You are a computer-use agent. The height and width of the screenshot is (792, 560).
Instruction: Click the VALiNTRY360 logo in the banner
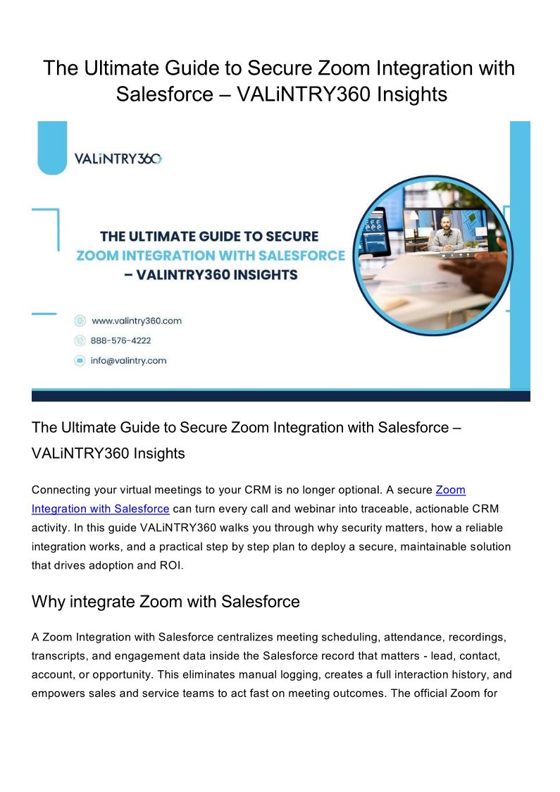[x=118, y=159]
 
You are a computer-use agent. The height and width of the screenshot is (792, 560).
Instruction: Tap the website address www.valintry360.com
[x=136, y=321]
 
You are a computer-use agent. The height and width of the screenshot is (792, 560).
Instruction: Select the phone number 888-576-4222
[x=120, y=340]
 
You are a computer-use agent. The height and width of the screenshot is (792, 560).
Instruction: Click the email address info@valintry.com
[x=128, y=360]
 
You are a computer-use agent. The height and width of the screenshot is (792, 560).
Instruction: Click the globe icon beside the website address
[x=80, y=321]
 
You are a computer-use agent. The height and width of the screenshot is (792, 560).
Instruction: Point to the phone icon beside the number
[x=80, y=340]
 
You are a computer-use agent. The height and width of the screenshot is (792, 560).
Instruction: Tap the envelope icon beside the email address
[x=80, y=360]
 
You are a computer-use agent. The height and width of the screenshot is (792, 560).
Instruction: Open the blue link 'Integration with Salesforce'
[x=101, y=508]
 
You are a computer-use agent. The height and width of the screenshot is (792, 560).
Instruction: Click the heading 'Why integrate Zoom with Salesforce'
[x=166, y=602]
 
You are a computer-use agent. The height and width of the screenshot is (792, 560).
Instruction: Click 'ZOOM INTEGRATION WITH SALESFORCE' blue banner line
[x=211, y=255]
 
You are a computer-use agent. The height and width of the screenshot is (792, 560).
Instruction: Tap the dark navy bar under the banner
[x=280, y=396]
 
